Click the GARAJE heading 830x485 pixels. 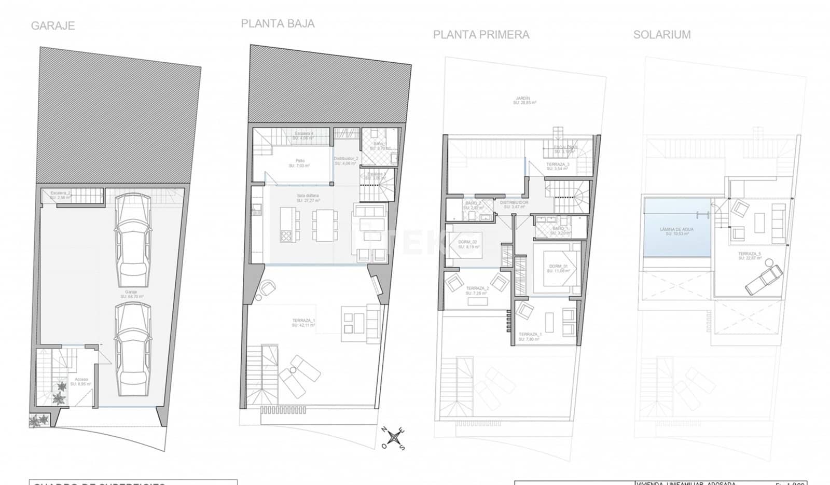tap(53, 25)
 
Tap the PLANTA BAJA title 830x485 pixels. tap(278, 23)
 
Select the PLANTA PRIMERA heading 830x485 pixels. tap(481, 35)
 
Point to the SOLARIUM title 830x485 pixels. tap(661, 35)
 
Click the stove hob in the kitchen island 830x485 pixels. tap(286, 236)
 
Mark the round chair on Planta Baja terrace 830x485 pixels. tap(268, 287)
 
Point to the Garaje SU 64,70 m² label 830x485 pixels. tap(132, 294)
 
